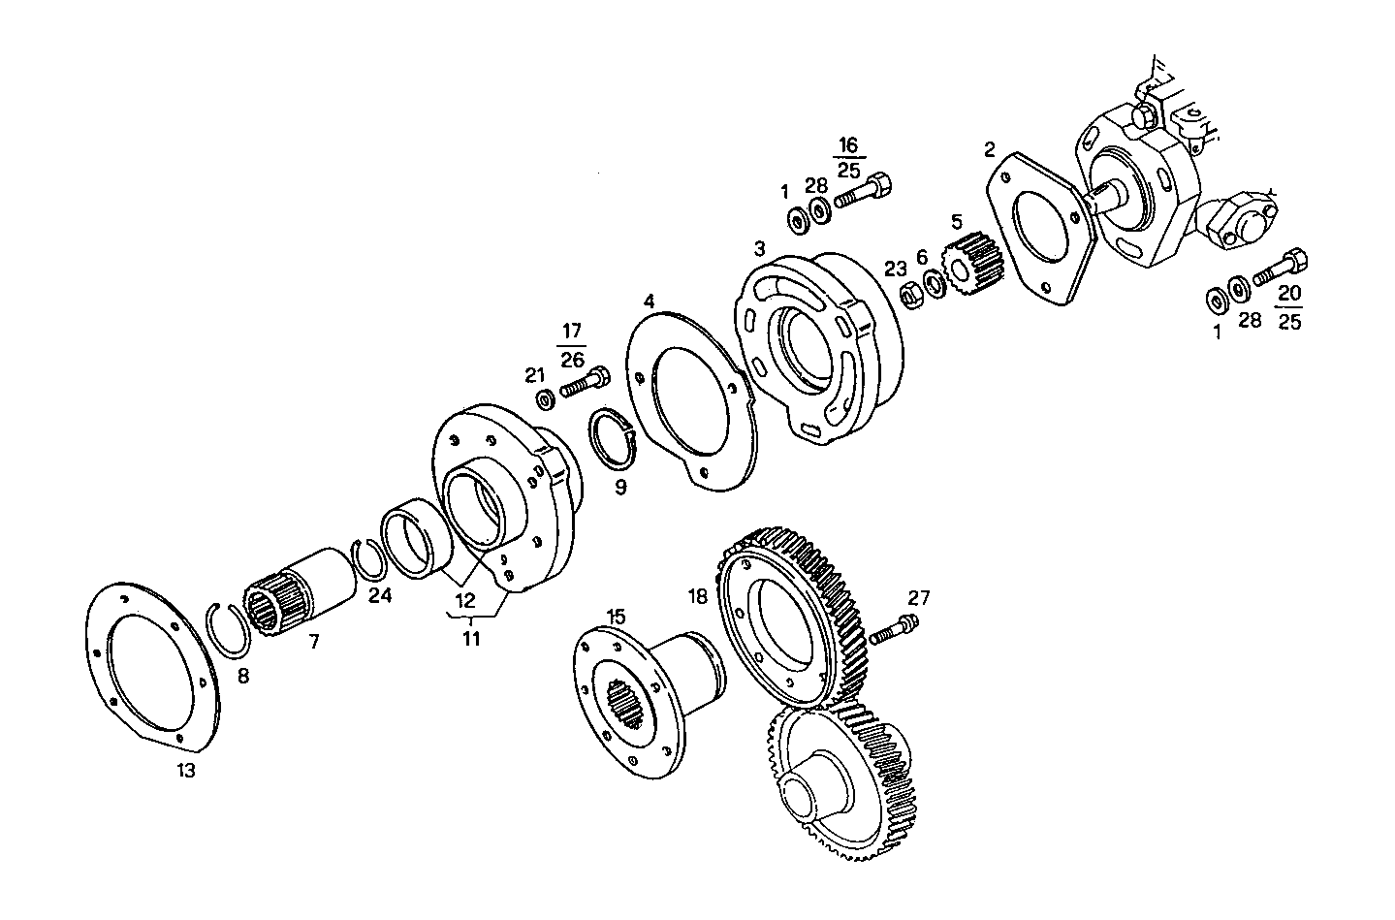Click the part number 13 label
(185, 771)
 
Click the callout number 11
(470, 639)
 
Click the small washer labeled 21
(545, 397)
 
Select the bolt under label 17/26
(585, 382)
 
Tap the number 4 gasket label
(649, 301)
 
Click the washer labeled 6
(935, 284)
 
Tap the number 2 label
(989, 149)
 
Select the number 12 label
(465, 600)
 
